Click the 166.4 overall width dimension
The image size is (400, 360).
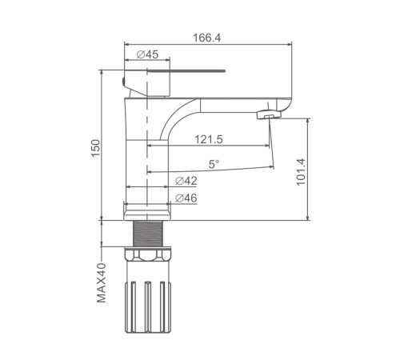(207, 38)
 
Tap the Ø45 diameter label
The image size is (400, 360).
(147, 54)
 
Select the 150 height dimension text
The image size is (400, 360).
(96, 148)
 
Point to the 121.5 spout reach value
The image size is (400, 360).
(209, 139)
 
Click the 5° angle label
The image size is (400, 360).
(214, 164)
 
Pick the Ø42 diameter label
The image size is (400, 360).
(186, 181)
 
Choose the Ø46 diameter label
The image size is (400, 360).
(186, 198)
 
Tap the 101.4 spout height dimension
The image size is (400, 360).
(301, 172)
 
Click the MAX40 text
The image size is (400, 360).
(102, 283)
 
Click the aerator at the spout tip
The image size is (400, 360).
(269, 115)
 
